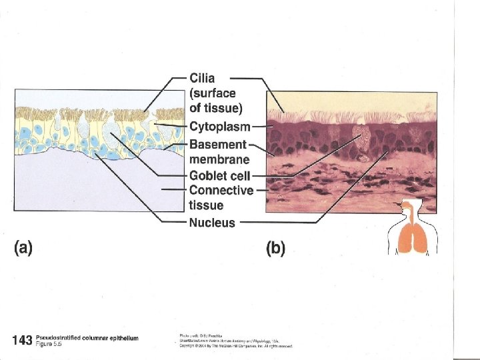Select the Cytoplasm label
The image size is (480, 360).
[x=220, y=126]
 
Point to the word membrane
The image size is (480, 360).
[x=219, y=159]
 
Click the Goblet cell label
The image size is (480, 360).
[x=220, y=175]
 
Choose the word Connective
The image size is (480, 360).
[x=221, y=191]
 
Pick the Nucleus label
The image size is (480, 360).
[x=212, y=223]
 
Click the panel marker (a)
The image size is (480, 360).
[x=23, y=249]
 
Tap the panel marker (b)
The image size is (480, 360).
[x=275, y=249]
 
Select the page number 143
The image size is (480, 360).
[x=22, y=341]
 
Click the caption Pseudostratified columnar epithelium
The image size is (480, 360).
[x=87, y=338]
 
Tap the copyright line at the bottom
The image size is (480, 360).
[x=236, y=346]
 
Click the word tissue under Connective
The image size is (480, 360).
[x=206, y=205]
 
